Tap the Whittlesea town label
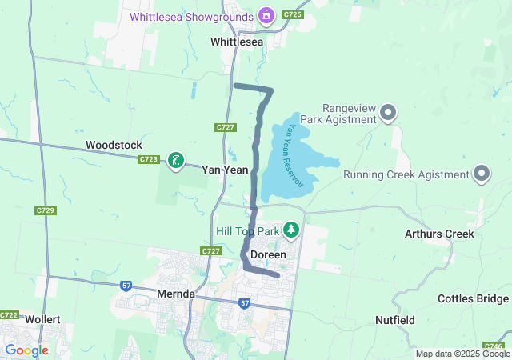(237, 41)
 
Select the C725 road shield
(293, 15)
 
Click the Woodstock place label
(114, 145)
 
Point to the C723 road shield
(148, 160)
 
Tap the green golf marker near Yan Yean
(176, 160)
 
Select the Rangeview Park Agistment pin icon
(388, 112)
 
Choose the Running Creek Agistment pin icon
(482, 173)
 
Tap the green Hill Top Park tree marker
(292, 230)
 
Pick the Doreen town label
(268, 254)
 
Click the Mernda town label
(176, 294)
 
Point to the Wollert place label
(42, 318)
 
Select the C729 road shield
(46, 210)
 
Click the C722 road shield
(9, 315)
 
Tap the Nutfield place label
(394, 320)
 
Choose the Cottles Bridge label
(473, 298)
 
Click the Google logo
(26, 350)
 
